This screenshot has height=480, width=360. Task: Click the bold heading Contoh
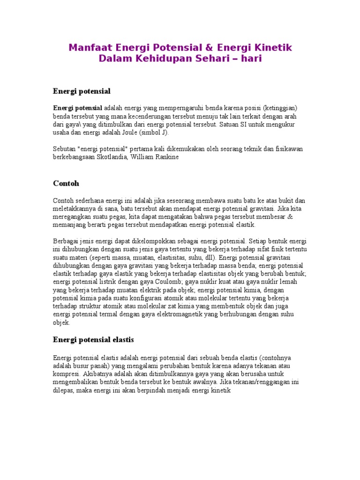click(67, 183)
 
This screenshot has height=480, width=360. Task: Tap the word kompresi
click(66, 374)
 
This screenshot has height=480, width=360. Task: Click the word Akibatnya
click(98, 374)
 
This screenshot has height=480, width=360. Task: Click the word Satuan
click(232, 125)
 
